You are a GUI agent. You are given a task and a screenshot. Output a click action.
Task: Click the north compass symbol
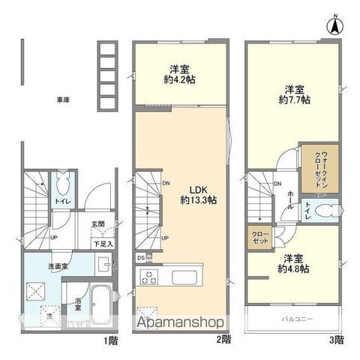click(x=333, y=25)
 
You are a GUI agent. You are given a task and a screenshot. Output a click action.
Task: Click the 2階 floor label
click(x=224, y=340)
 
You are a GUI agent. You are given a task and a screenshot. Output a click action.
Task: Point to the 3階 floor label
click(x=337, y=340)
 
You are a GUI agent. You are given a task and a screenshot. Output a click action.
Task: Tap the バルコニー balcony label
click(x=298, y=320)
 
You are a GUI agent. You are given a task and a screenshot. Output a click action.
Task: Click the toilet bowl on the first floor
click(x=62, y=184)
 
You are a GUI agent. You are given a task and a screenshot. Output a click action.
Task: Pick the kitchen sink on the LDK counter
click(x=184, y=277)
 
